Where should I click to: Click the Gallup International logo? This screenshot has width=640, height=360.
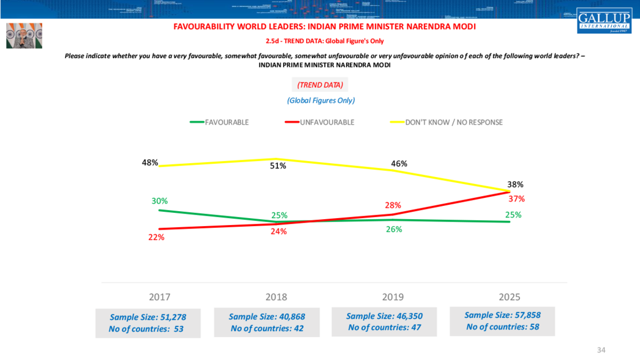[604, 20]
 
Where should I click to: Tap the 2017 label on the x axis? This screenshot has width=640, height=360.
[160, 297]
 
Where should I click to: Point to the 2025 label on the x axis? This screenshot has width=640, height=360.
[509, 297]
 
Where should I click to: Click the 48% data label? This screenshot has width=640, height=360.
[150, 163]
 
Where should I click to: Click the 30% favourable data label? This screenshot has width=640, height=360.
[160, 201]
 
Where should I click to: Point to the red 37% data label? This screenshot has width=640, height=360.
[516, 199]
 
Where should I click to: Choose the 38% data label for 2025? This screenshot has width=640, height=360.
[515, 185]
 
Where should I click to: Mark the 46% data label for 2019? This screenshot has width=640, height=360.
[399, 163]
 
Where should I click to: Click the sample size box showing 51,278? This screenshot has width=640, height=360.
[148, 323]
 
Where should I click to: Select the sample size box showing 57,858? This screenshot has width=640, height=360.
[502, 321]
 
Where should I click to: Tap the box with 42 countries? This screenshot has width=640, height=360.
[267, 322]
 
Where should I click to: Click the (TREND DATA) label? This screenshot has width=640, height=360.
[320, 85]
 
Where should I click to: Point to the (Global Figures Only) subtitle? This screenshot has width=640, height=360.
[321, 100]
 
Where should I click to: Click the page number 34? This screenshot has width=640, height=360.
[601, 350]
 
